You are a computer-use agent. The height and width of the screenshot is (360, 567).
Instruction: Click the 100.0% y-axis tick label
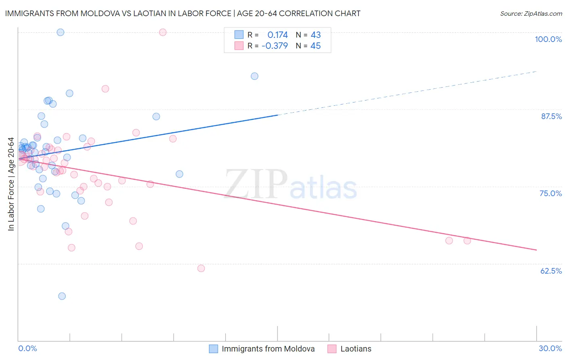(548, 39)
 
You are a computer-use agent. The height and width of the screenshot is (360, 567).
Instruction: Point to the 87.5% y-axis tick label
(551, 116)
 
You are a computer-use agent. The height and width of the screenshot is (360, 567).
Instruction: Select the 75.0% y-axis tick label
(550, 193)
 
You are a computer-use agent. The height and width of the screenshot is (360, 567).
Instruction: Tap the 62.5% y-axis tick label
(551, 271)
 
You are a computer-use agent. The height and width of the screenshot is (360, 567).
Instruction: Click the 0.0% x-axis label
(27, 348)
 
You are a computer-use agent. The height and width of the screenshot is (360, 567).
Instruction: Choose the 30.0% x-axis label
(550, 348)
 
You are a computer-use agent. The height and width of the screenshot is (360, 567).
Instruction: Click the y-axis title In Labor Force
(11, 184)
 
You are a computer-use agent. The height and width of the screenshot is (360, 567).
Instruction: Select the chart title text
(183, 13)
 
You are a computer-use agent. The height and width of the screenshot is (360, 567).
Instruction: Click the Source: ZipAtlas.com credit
(531, 14)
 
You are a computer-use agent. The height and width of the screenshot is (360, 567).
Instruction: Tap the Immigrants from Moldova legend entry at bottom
(268, 349)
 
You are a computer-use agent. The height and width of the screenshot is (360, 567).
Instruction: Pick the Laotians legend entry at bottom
(356, 349)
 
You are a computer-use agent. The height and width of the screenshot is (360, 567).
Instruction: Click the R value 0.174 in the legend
(277, 35)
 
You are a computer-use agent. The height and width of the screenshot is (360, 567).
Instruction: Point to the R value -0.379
(275, 46)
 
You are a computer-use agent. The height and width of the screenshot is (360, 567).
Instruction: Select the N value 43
(315, 35)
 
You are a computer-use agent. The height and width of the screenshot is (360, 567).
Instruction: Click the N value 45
(315, 46)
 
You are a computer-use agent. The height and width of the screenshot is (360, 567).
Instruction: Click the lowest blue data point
(62, 296)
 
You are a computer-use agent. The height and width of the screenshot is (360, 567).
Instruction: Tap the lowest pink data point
(201, 268)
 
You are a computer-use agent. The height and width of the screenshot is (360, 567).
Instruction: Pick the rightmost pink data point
(467, 241)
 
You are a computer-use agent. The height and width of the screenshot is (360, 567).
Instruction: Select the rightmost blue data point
(254, 76)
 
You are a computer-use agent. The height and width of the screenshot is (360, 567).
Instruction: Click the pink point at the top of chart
(163, 32)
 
